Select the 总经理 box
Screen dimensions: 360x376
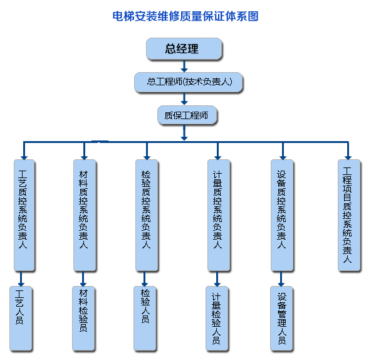click(x=184, y=49)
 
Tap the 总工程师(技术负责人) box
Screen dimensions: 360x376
click(x=187, y=82)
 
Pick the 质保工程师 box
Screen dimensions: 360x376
click(x=186, y=115)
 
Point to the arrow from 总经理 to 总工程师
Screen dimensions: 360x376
click(x=184, y=66)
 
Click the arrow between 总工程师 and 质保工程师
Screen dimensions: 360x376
click(x=184, y=98)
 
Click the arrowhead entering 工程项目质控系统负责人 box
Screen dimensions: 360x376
click(x=348, y=154)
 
